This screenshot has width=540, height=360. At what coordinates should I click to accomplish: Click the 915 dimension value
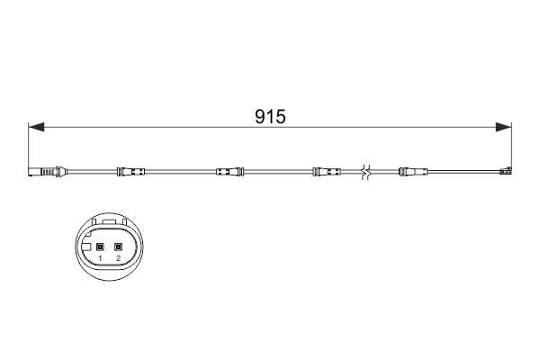click(269, 118)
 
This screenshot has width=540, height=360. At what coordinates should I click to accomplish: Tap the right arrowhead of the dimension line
click(506, 128)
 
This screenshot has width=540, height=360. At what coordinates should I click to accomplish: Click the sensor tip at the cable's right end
click(507, 171)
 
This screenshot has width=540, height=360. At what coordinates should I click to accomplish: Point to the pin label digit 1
click(101, 258)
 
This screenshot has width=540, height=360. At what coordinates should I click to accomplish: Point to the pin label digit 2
click(119, 258)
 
